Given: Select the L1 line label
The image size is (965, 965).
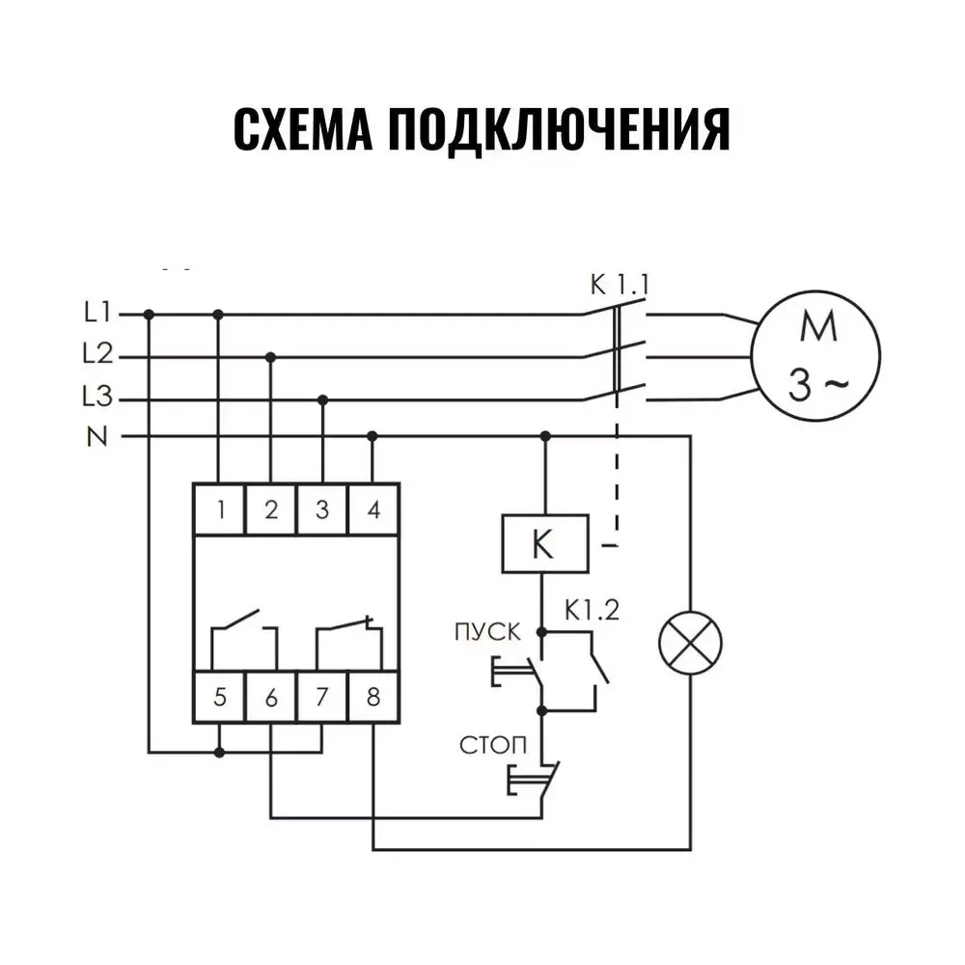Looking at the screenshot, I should pos(98,313).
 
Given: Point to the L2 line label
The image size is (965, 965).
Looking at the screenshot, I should pos(98,355).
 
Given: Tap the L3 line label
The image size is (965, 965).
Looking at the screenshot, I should pos(98,398).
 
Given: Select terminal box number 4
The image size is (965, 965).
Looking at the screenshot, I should pos(373,509).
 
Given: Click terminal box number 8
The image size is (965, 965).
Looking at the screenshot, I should pos(373,696).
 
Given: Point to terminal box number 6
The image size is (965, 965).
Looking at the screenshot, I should pos(271,696).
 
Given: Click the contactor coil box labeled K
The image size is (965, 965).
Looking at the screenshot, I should pos(544,544).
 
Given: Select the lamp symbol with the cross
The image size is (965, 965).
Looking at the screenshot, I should pos(689,642).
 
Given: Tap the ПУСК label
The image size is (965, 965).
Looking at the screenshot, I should pos(486,632).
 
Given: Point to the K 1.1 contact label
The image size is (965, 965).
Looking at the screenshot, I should pos(620,285).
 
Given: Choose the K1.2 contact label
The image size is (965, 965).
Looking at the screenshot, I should pos(592,610).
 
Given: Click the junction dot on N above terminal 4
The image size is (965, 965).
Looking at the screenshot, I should pos(372,436).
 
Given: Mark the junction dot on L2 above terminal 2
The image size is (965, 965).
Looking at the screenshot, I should pos(271,356).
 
